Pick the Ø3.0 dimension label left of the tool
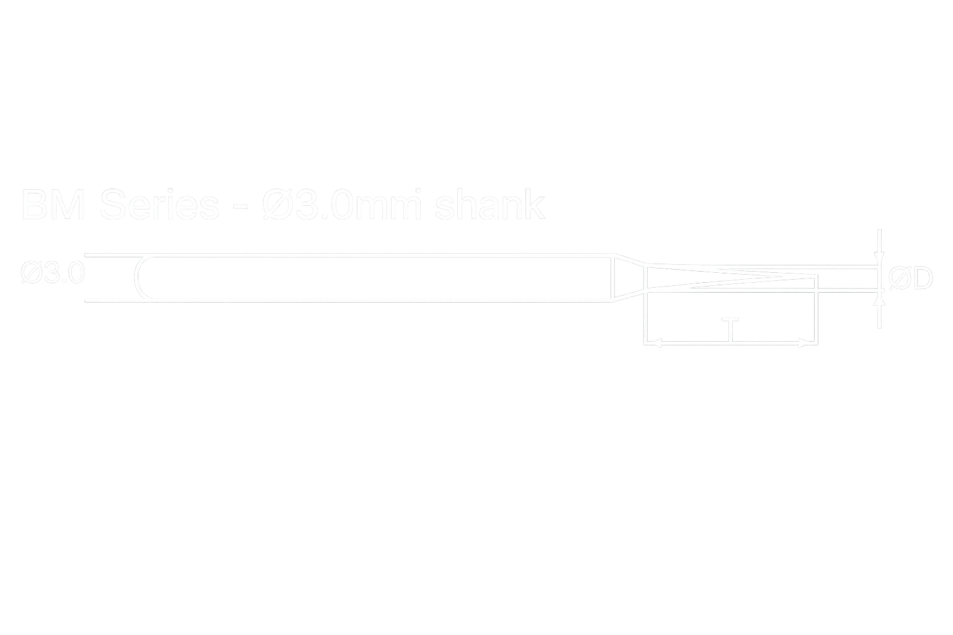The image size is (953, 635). pos(52,273)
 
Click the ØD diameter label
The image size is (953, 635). pos(910,279)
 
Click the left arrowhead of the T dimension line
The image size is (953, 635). pos(653,342)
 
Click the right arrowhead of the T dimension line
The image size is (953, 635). pos(808,342)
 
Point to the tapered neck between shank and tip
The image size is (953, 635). pos(627,278)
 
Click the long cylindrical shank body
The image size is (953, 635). pos(372,278)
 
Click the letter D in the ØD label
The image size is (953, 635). pos(921,279)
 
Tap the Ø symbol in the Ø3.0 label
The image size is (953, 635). pos(30,273)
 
